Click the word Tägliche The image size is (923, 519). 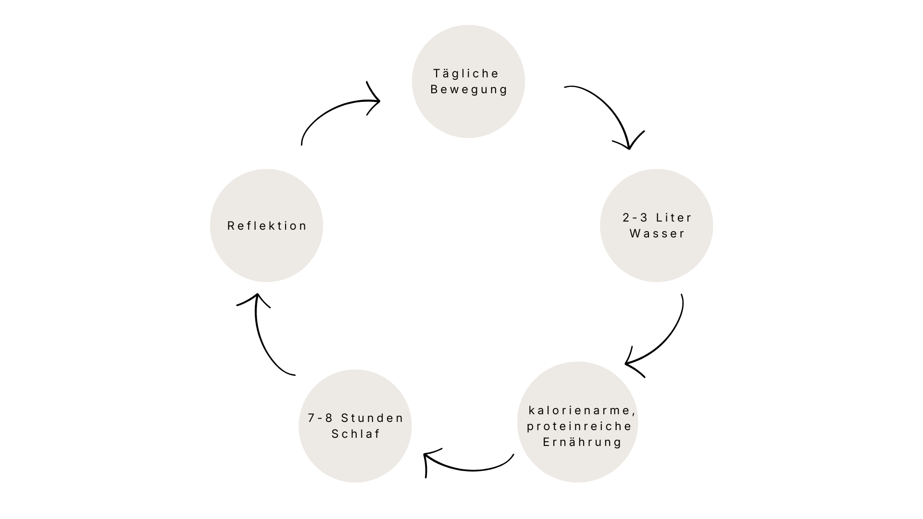466,74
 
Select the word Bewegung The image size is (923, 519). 469,89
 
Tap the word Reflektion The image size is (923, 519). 267,226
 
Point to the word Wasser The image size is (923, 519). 657,234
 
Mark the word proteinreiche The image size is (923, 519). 579,426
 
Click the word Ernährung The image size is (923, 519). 582,442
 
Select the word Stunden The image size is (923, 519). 372,418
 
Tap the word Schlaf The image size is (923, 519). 356,434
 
